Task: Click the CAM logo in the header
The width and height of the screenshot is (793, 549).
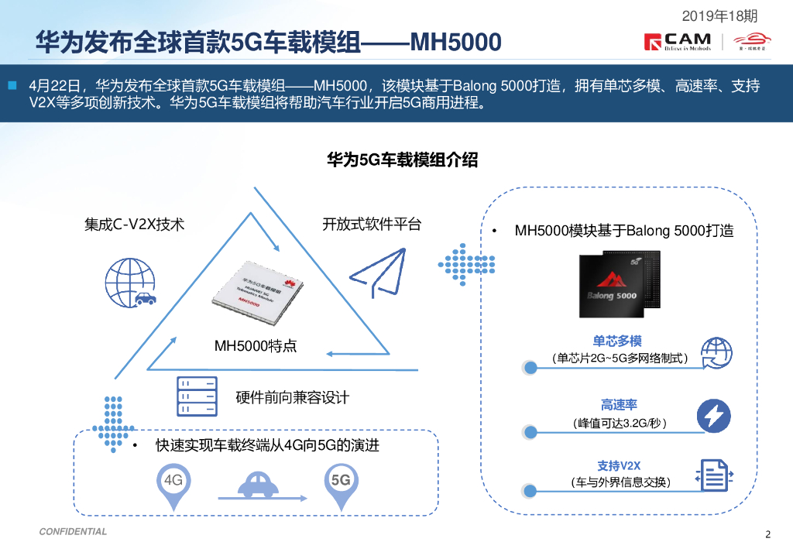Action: point(677,42)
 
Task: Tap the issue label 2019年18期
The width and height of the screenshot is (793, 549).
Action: point(720,15)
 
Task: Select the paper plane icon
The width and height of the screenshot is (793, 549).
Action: point(377,274)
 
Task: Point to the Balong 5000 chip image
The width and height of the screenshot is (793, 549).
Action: point(620,284)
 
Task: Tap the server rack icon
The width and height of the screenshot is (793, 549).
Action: point(195,398)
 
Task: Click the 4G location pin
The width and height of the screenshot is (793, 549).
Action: point(174,486)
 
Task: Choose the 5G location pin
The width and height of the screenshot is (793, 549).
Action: point(341,486)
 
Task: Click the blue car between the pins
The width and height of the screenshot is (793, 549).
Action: point(259,486)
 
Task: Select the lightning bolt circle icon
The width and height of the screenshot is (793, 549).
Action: point(713,415)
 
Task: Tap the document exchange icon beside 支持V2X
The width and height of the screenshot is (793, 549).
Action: point(714,475)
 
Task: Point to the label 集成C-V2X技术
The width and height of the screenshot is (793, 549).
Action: point(134,225)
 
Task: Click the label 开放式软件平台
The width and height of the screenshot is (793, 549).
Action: point(372,225)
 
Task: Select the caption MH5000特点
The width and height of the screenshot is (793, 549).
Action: point(255,346)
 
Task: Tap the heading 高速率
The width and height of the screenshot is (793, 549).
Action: point(619,405)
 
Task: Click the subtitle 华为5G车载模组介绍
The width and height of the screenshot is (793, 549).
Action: point(402,160)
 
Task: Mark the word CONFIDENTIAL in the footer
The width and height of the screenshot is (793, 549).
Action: point(73,532)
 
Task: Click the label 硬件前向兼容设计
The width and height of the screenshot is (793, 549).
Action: point(293,398)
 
